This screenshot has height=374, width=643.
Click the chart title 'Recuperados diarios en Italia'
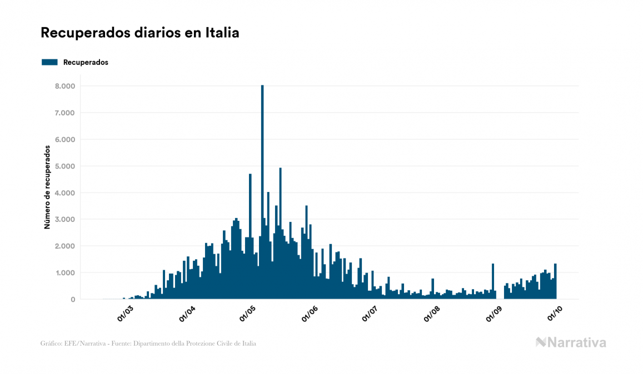140,33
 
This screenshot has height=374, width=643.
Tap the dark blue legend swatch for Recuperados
49,62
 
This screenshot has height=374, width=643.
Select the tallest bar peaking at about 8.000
262,194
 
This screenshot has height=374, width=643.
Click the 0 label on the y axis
72,299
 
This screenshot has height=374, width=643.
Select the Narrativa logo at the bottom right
571,342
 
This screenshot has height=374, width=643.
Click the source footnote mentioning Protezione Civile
148,343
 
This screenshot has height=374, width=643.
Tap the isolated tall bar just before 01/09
492,282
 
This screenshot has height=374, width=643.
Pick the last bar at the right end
555,282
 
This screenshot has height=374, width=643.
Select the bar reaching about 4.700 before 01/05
250,239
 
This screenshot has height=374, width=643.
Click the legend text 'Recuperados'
86,62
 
